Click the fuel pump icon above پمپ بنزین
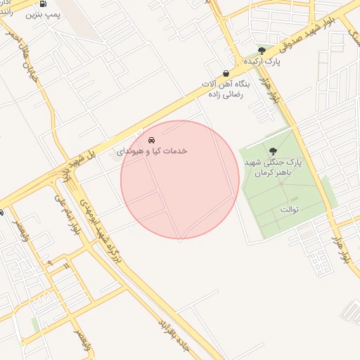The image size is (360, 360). [44, 4]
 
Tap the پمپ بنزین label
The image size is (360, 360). [43, 14]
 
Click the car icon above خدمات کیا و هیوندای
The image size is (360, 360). [153, 140]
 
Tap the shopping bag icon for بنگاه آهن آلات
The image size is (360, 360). [225, 73]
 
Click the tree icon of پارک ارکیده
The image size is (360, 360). [262, 51]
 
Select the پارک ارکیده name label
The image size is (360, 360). [262, 62]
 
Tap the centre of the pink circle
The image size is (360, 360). [181, 180]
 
